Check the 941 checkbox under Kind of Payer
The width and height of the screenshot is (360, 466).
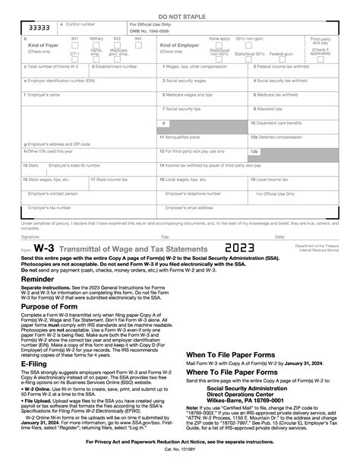[74, 46]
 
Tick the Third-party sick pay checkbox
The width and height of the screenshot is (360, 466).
[320, 47]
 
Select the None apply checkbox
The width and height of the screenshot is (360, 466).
[219, 46]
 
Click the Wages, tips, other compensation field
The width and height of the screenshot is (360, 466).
[204, 93]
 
